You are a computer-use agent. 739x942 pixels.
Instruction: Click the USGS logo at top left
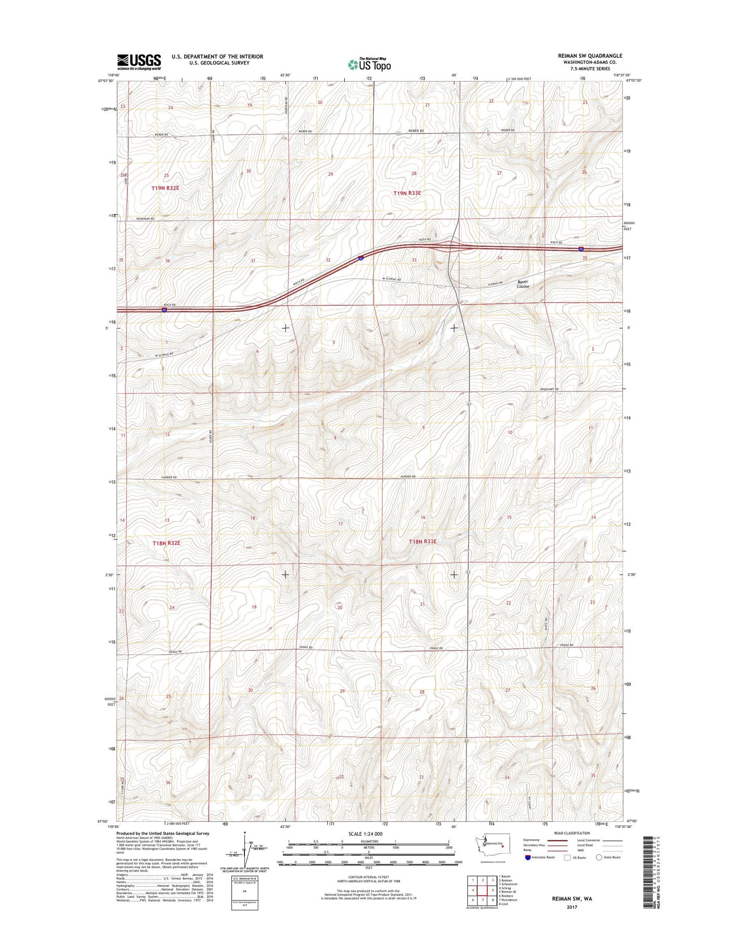point(139,62)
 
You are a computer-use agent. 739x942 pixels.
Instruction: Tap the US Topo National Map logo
point(369,64)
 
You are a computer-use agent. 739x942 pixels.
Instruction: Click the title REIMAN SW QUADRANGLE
point(590,56)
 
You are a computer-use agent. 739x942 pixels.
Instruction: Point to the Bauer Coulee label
point(523,284)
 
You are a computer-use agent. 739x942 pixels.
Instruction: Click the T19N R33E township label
point(407,193)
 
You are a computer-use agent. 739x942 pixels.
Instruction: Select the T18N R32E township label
point(166,543)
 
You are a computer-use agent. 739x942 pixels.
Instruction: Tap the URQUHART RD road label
point(549,390)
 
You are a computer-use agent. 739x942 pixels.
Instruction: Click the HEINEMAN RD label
point(145,218)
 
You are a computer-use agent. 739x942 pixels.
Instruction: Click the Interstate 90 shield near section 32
point(361,259)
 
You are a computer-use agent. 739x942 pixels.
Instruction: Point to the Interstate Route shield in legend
point(527,857)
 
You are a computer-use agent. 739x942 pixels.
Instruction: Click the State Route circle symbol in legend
point(599,857)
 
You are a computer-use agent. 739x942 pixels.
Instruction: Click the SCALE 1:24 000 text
point(365,834)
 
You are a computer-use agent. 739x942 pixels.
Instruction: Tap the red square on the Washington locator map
point(503,846)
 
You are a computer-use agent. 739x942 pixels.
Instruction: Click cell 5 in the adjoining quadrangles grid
point(492,890)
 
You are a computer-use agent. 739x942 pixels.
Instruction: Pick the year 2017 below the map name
point(571,907)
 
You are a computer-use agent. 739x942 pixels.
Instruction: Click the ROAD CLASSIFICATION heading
point(571,833)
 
